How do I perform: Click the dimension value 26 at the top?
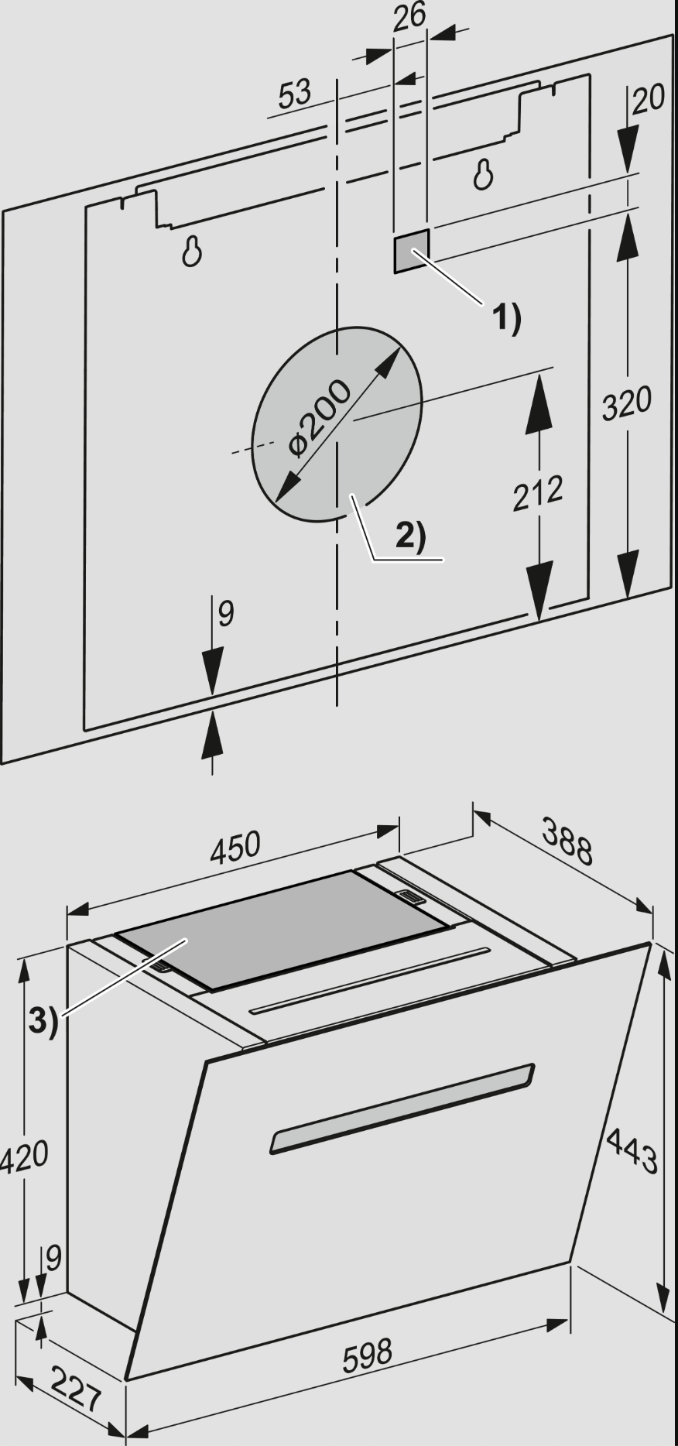tap(409, 16)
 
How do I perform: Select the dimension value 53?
tap(295, 94)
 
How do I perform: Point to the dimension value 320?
tap(627, 403)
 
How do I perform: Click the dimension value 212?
tap(538, 493)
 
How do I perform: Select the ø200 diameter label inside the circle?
tap(318, 417)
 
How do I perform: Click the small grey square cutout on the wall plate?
tap(411, 251)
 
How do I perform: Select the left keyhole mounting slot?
tap(193, 251)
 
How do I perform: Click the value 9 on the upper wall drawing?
tap(225, 614)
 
